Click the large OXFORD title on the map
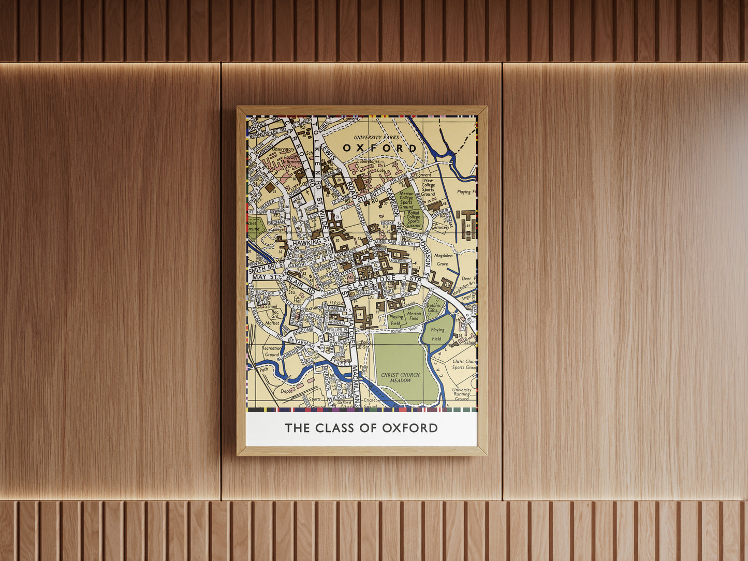pyautogui.click(x=379, y=149)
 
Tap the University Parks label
pyautogui.click(x=376, y=138)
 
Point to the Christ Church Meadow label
pyautogui.click(x=400, y=377)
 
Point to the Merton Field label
pyautogui.click(x=414, y=316)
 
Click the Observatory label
pyautogui.click(x=283, y=149)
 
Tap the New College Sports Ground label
pyautogui.click(x=428, y=187)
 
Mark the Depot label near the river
pyautogui.click(x=286, y=391)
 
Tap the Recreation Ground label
pyautogui.click(x=271, y=351)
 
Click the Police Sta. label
pyautogui.click(x=366, y=345)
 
